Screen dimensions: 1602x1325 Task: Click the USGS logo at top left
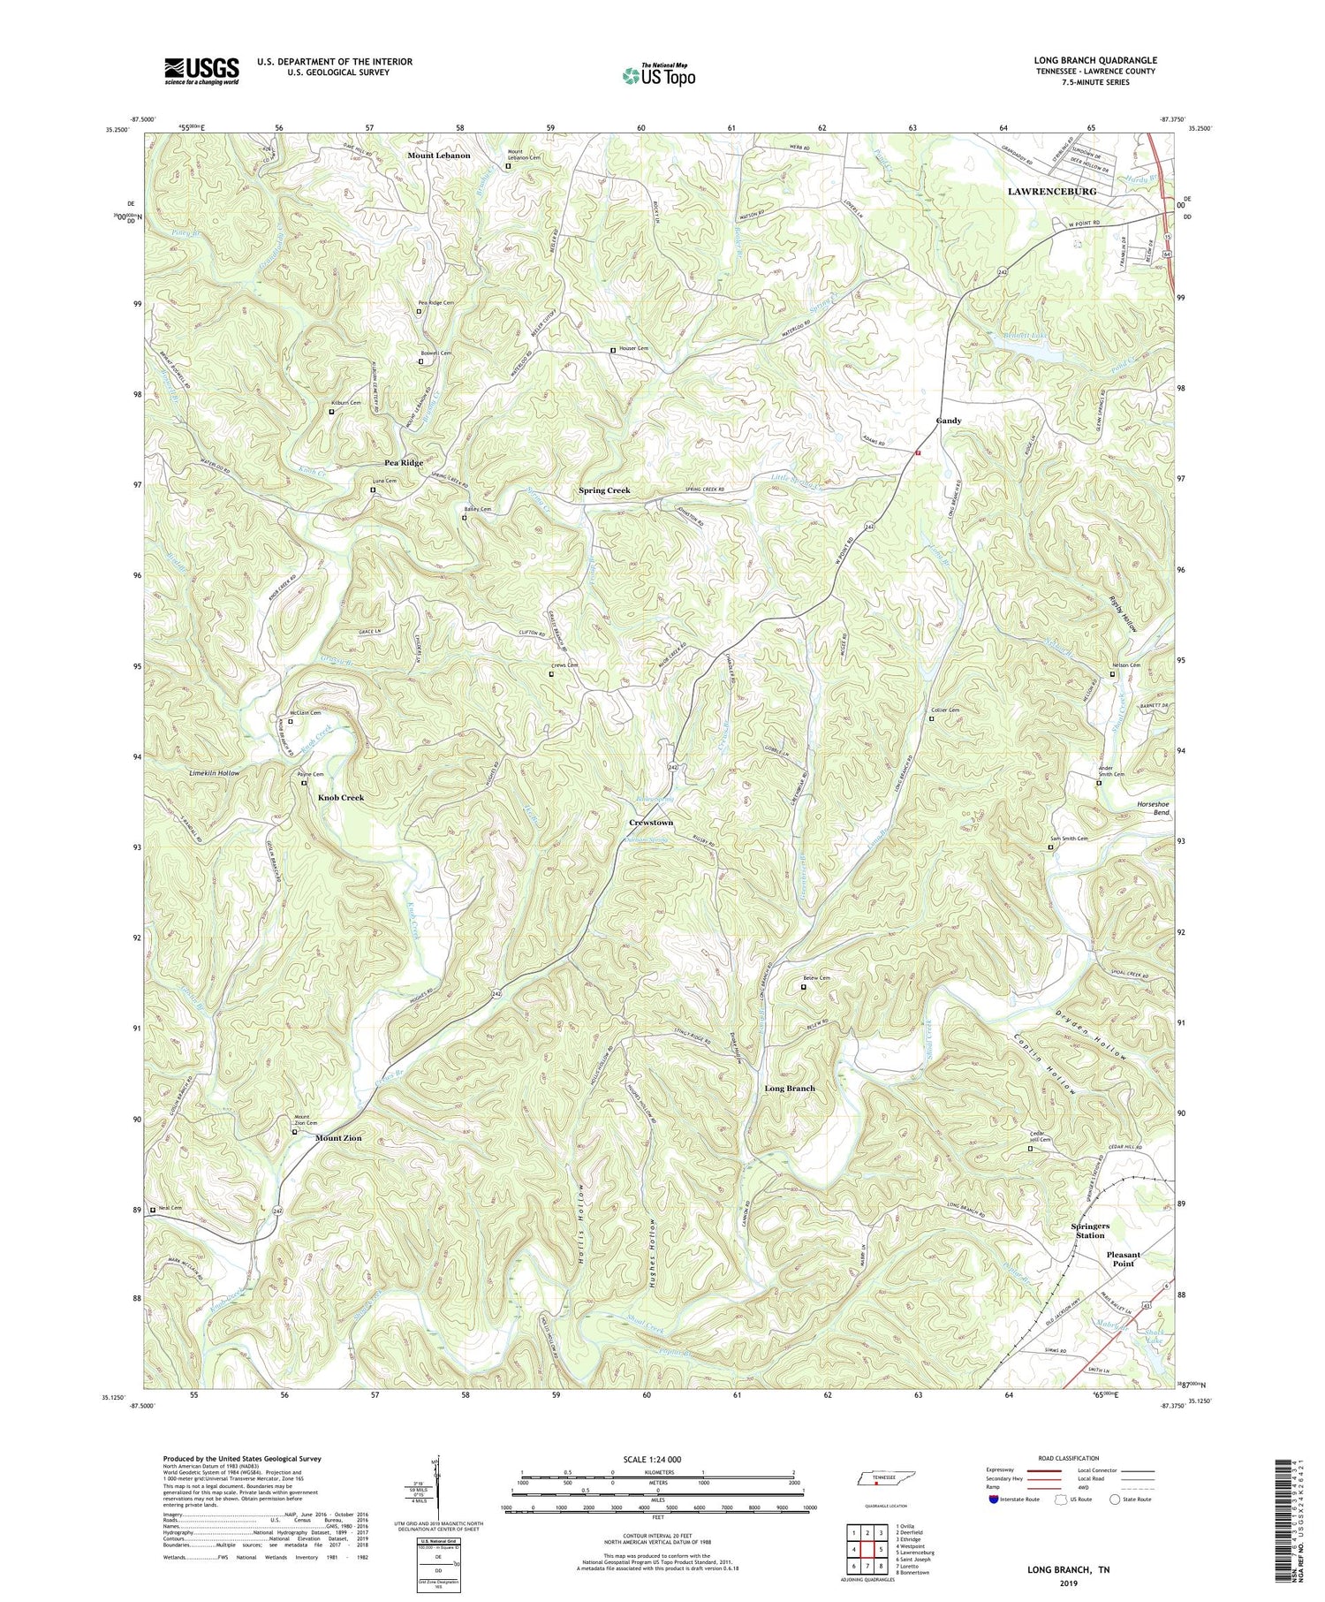coord(201,71)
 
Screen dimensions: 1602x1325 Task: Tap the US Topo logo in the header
coord(659,75)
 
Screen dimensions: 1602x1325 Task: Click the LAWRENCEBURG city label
coord(1052,191)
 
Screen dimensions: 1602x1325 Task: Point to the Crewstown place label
coord(651,823)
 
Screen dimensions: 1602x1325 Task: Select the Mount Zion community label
coord(338,1138)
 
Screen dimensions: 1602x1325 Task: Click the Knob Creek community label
coord(341,797)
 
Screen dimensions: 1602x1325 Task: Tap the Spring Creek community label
coord(604,490)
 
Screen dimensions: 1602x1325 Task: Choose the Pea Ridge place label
coord(404,463)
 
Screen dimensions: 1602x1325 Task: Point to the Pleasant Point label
coord(1124,1259)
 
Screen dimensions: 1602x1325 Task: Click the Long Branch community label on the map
coord(790,1089)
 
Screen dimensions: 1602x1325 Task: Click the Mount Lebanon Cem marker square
coord(508,166)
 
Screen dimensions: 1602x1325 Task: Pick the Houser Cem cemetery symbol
coord(613,351)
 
